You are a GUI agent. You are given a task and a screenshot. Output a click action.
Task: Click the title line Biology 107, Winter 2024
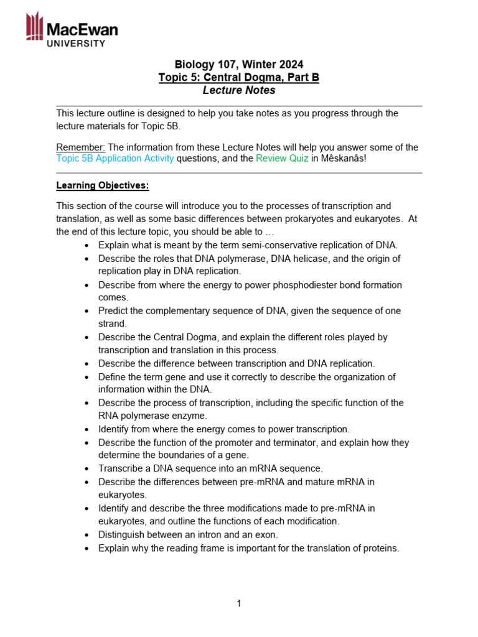[239, 64]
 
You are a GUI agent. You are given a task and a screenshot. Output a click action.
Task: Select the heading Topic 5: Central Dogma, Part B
[239, 77]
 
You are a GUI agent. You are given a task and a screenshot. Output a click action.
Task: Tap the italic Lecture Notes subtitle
[239, 90]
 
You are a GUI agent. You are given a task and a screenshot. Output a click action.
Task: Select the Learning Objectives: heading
[103, 185]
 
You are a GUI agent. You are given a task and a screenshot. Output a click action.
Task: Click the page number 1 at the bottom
[239, 603]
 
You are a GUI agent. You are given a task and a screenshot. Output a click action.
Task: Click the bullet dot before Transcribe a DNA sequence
[87, 469]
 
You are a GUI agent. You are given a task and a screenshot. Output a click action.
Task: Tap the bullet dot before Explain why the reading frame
[87, 549]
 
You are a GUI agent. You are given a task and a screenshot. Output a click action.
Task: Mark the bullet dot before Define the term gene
[87, 378]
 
